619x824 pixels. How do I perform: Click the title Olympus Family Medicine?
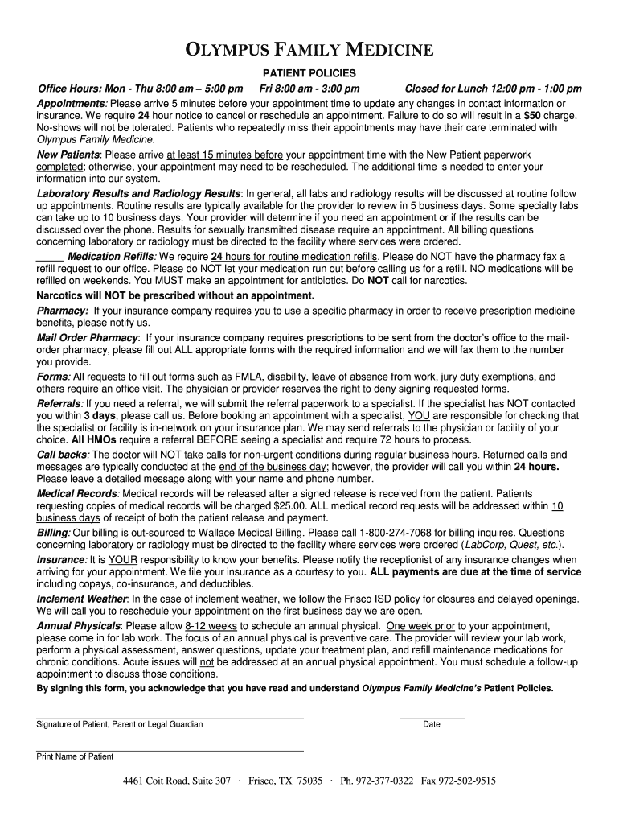309,51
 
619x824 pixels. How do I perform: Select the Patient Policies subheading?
309,73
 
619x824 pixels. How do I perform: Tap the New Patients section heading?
68,154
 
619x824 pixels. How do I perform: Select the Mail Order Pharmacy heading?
88,337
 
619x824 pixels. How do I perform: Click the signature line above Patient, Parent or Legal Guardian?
170,716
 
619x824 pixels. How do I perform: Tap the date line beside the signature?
432,716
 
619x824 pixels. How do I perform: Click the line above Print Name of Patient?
170,750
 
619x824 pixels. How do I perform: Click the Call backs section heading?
62,455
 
